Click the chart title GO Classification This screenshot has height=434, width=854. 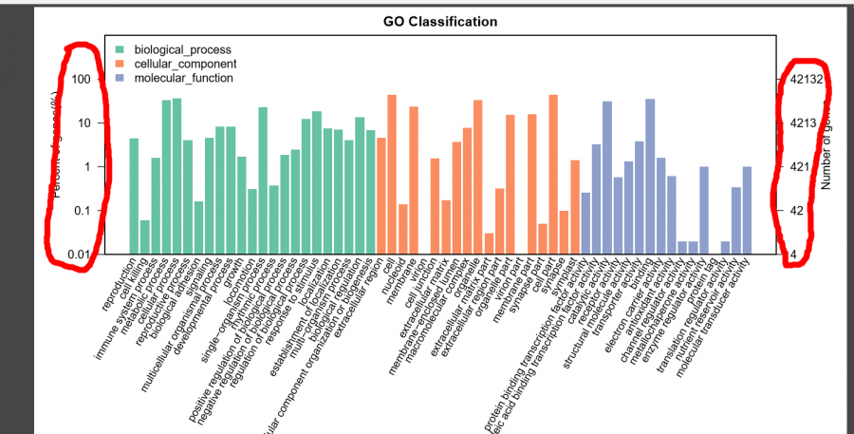(440, 21)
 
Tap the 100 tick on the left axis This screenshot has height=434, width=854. (91, 79)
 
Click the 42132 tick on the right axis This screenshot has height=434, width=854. (807, 79)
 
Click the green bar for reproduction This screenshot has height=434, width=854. (134, 196)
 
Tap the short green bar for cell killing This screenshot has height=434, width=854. (145, 236)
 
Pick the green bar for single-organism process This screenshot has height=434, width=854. (263, 180)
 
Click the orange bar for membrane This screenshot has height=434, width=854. (414, 179)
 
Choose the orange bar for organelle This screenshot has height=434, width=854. (478, 177)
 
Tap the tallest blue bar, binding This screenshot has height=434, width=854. (650, 176)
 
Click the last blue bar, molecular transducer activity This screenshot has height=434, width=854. (747, 210)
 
